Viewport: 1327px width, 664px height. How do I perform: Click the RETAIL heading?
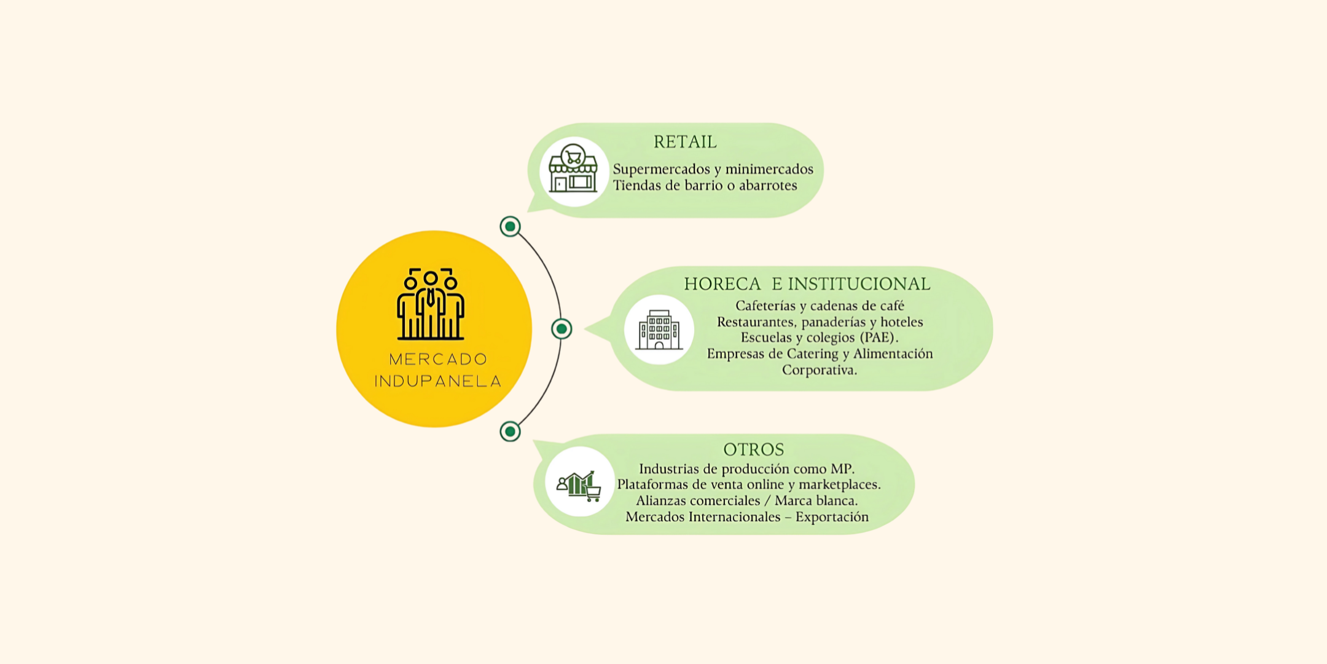tap(685, 142)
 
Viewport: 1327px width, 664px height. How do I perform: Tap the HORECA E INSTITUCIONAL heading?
tap(807, 284)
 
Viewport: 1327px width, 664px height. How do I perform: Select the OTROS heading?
tap(754, 449)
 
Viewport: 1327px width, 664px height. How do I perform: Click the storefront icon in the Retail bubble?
tap(573, 168)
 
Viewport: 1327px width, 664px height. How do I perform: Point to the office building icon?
tap(659, 330)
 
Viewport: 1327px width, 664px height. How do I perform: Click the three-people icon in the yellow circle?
tap(431, 304)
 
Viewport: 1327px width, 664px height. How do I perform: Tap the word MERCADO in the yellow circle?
tap(438, 359)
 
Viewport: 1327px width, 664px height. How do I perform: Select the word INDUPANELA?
tap(438, 381)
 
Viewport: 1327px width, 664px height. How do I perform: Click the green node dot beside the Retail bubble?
tap(510, 226)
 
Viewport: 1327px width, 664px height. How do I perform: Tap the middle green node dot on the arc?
tap(562, 329)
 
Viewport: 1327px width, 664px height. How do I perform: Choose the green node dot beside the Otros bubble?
tap(510, 432)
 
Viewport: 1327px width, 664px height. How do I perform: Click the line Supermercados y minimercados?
tap(713, 169)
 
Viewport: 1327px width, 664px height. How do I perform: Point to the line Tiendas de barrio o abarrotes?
tap(705, 186)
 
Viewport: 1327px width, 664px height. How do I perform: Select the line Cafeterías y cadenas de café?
tap(820, 306)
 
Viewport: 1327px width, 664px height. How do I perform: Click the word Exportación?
tap(832, 517)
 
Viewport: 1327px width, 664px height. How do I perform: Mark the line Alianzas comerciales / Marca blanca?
tap(747, 501)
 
